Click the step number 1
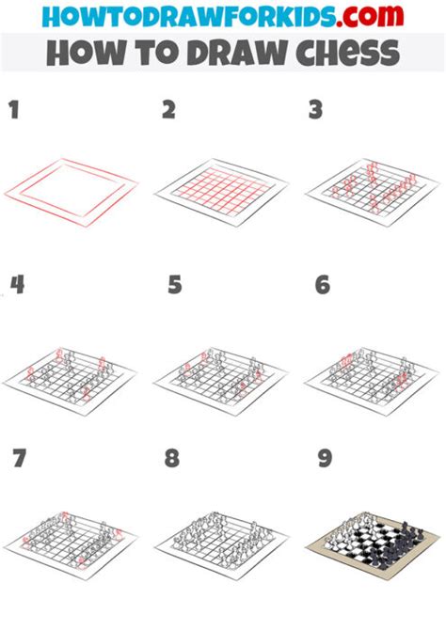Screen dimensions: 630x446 pos(14,111)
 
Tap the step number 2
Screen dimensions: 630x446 pos(169,111)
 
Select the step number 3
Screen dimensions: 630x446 pos(317,111)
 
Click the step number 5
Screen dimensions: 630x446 pos(174,284)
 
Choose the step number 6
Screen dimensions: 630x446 pos(323,284)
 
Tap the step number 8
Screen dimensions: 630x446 pos(171,459)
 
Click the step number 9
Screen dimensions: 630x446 pos(325,459)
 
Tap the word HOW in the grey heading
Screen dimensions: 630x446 pos(80,53)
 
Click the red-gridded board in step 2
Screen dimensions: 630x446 pos(222,193)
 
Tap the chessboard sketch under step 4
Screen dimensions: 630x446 pos(70,374)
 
